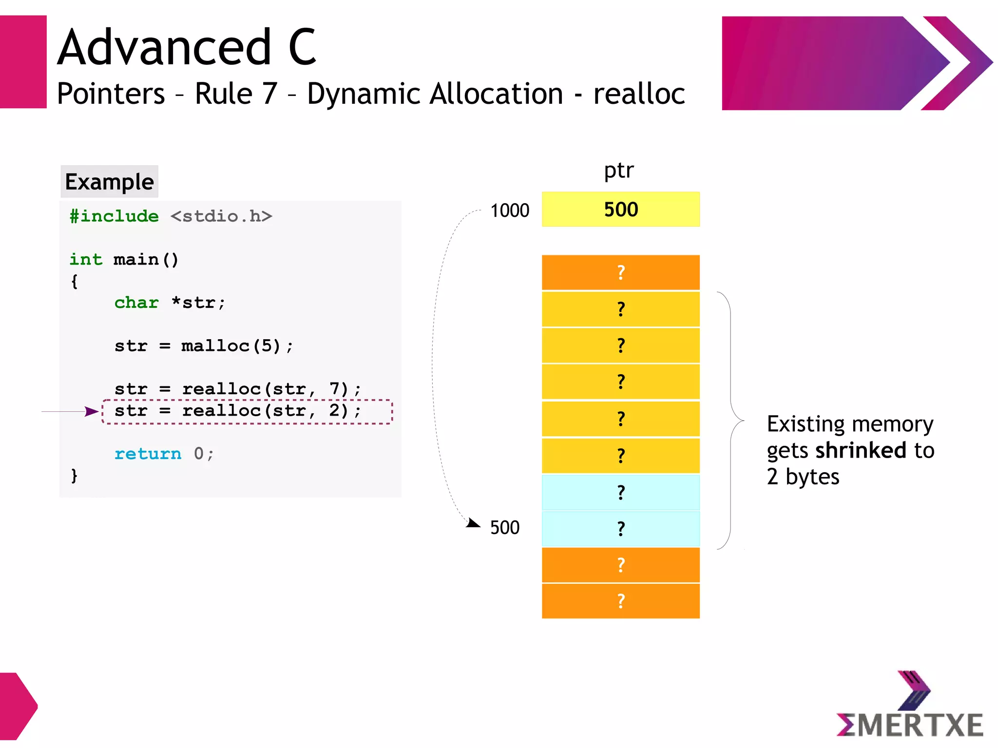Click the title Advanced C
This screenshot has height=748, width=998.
pyautogui.click(x=187, y=47)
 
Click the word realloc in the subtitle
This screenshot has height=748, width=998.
pyautogui.click(x=639, y=94)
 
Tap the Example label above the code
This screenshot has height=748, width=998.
pyautogui.click(x=109, y=182)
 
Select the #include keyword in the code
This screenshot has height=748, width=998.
pyautogui.click(x=114, y=216)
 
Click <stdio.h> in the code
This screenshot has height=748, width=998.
pyautogui.click(x=221, y=216)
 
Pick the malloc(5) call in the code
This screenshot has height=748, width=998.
pyautogui.click(x=231, y=345)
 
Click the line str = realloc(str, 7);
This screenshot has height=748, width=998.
pyautogui.click(x=237, y=388)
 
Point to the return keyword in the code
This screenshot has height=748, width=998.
pyautogui.click(x=148, y=454)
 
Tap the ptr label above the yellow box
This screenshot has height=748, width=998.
pyautogui.click(x=619, y=170)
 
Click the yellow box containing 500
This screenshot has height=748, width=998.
pyautogui.click(x=620, y=210)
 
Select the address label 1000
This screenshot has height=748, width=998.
pyautogui.click(x=509, y=211)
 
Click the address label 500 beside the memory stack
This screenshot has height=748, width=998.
pyautogui.click(x=504, y=528)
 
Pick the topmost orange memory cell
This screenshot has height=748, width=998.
pyautogui.click(x=620, y=272)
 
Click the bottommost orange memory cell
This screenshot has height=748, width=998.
pyautogui.click(x=620, y=601)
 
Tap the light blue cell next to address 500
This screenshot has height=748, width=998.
pyautogui.click(x=620, y=528)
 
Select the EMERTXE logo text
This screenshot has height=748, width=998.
pyautogui.click(x=910, y=725)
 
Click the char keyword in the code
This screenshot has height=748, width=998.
pyautogui.click(x=136, y=303)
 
